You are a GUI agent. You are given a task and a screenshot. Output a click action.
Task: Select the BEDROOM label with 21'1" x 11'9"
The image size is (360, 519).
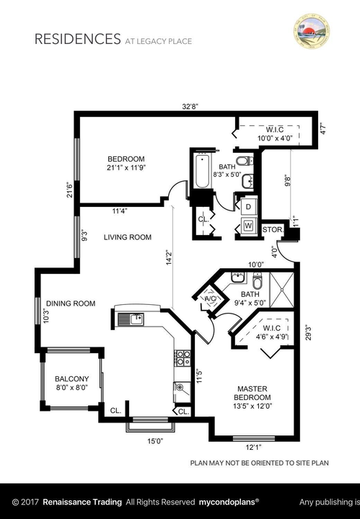click(x=126, y=159)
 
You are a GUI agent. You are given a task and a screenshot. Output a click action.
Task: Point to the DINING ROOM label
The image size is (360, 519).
click(x=71, y=303)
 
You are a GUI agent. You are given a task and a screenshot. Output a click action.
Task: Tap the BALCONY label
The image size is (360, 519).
click(x=71, y=379)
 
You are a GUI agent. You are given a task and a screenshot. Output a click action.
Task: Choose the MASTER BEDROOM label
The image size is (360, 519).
click(x=253, y=393)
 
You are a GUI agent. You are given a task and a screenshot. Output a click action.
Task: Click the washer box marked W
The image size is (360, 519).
click(x=248, y=226)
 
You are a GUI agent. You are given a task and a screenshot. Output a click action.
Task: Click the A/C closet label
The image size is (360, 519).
click(x=211, y=298)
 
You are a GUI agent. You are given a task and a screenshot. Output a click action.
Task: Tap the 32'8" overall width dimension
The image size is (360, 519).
click(x=190, y=105)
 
